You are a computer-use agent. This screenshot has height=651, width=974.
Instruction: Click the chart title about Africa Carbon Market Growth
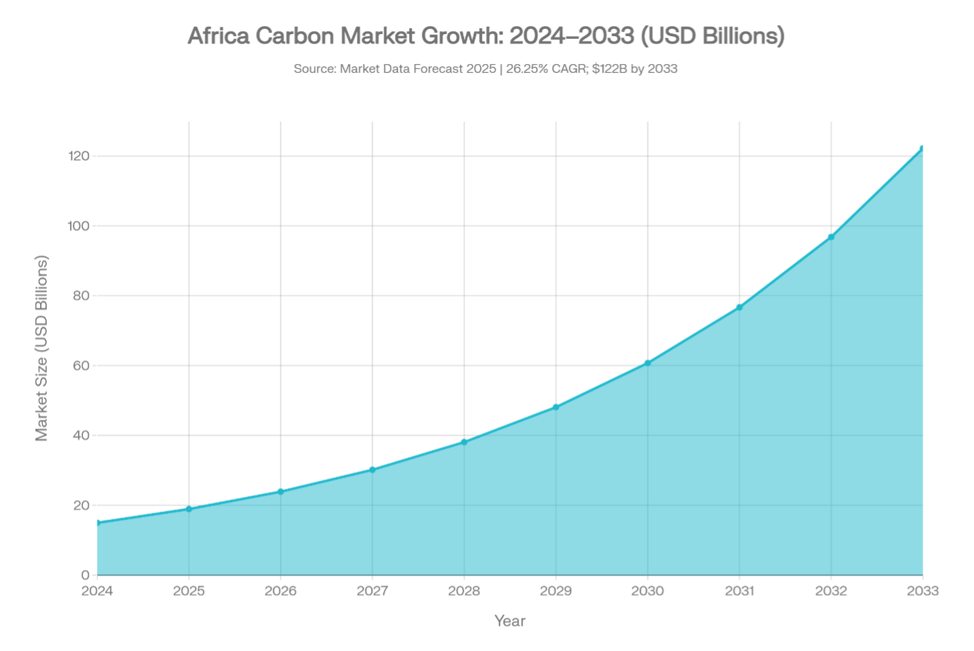[486, 36]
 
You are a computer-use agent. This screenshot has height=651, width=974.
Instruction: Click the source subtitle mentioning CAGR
[486, 69]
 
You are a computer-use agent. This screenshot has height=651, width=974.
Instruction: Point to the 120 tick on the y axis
[79, 156]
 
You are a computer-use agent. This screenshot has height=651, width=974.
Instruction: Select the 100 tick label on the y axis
[79, 227]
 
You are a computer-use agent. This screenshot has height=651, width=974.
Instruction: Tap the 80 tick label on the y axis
[82, 296]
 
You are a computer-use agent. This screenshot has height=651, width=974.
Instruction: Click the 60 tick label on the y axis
[82, 366]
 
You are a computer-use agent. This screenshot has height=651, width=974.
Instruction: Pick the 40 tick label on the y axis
[82, 436]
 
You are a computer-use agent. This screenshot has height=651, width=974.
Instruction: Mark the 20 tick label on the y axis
[82, 506]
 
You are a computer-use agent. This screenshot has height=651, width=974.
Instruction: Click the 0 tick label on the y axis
[85, 575]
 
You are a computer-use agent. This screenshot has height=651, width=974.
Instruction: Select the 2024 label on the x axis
[98, 592]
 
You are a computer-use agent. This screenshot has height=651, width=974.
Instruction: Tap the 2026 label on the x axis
[281, 592]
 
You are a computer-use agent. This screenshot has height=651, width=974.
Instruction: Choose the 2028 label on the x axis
[464, 592]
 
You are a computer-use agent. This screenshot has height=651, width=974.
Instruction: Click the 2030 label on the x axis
[648, 592]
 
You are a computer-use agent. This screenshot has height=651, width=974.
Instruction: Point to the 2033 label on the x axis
[923, 592]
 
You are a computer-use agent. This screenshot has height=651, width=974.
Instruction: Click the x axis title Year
[510, 621]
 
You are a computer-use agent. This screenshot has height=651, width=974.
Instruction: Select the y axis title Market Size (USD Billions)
[42, 348]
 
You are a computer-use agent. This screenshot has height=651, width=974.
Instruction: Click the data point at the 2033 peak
[923, 146]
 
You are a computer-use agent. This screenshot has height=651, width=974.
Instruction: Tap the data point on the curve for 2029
[556, 406]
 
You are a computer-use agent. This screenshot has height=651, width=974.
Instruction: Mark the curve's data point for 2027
[372, 468]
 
